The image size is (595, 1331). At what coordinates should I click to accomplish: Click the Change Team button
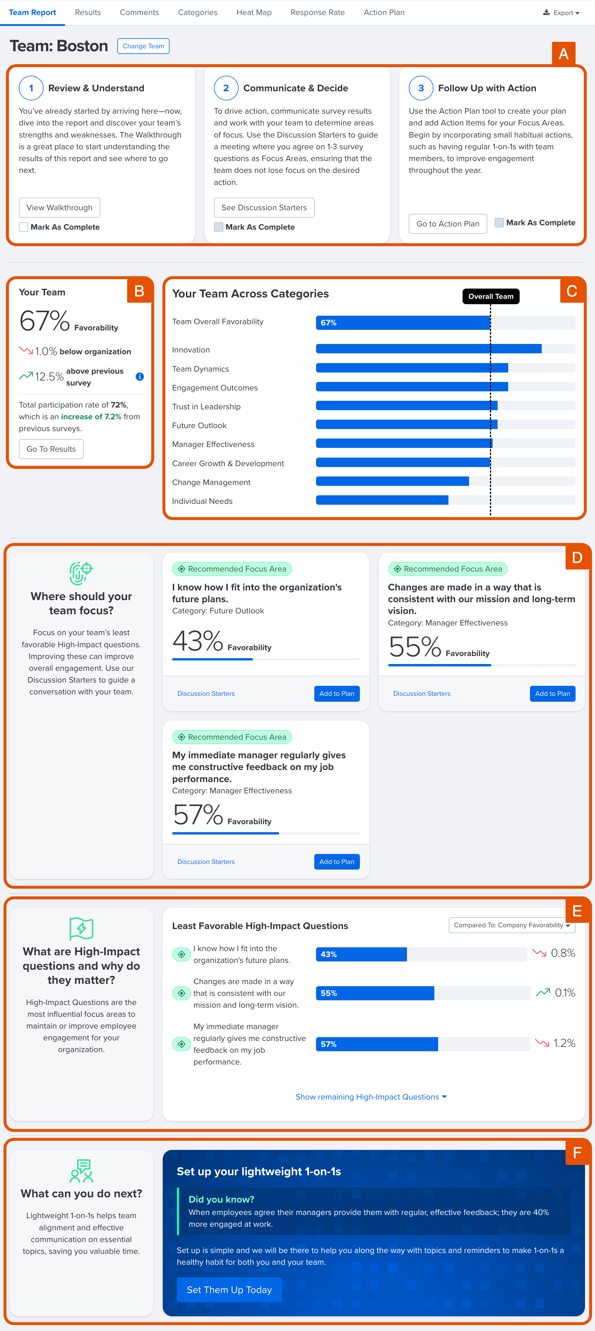tap(143, 46)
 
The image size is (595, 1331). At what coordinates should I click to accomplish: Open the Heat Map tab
tap(254, 12)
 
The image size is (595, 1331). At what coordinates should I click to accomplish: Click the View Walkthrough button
tap(59, 208)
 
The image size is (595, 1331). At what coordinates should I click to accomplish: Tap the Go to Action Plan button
tap(447, 224)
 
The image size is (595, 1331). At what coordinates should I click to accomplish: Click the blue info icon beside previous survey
tap(139, 377)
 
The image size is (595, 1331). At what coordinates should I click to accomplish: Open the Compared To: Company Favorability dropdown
tap(511, 926)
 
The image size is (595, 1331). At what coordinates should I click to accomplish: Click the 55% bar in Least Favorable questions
tap(375, 993)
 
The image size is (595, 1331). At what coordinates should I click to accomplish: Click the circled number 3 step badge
tap(421, 88)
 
